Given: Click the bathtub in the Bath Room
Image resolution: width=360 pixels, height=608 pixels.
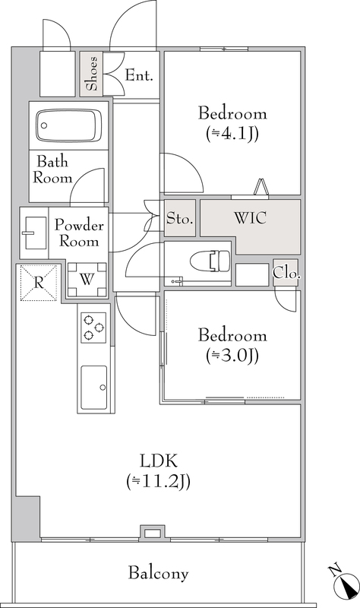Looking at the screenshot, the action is pyautogui.click(x=68, y=125).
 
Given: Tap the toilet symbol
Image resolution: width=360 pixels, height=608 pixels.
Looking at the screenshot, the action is pyautogui.click(x=210, y=261).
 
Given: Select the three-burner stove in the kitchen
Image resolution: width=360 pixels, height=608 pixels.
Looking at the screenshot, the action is pyautogui.click(x=93, y=328).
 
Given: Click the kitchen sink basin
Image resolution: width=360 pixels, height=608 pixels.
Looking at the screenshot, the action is pyautogui.click(x=93, y=387).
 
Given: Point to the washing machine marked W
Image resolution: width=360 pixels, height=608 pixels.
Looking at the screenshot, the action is pyautogui.click(x=87, y=279).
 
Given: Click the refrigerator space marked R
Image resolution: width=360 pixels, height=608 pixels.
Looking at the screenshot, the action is pyautogui.click(x=39, y=283).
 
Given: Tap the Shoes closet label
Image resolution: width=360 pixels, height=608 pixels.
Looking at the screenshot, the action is pyautogui.click(x=91, y=74).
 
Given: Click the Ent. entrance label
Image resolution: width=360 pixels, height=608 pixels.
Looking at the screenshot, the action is pyautogui.click(x=139, y=75).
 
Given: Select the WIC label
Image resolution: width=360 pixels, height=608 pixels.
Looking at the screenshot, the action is pyautogui.click(x=251, y=218).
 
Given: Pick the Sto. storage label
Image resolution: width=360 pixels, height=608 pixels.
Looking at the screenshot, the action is pyautogui.click(x=180, y=219).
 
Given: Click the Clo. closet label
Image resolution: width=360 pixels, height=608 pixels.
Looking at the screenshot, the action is pyautogui.click(x=287, y=274).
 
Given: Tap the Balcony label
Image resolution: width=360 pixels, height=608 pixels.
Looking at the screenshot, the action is pyautogui.click(x=158, y=573).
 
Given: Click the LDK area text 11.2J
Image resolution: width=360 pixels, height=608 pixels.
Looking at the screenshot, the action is pyautogui.click(x=158, y=482).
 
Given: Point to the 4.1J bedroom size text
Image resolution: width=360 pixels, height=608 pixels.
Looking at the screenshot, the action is pyautogui.click(x=232, y=134).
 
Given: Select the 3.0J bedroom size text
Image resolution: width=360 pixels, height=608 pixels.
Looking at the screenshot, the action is pyautogui.click(x=232, y=356).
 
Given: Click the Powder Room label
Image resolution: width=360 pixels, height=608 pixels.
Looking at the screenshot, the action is pyautogui.click(x=79, y=233).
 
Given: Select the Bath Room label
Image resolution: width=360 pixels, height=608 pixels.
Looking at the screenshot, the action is pyautogui.click(x=52, y=169).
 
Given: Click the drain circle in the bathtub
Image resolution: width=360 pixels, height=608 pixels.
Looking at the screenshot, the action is pyautogui.click(x=44, y=125).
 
